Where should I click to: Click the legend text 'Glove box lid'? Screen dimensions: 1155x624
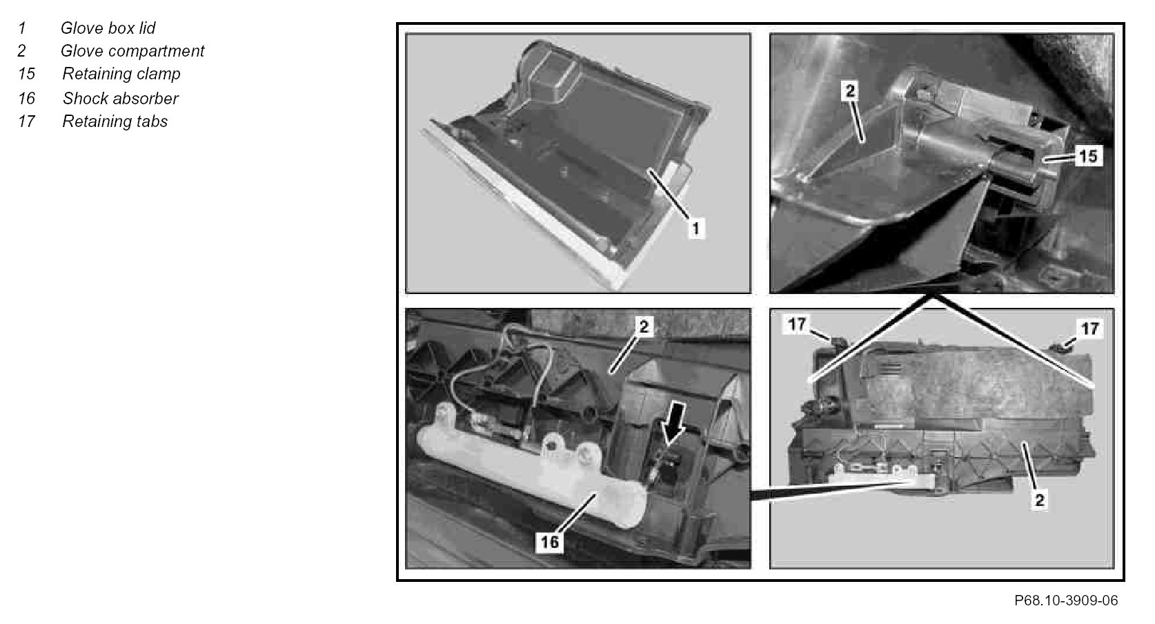point(108,28)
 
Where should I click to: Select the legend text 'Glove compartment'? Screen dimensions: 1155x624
point(132,51)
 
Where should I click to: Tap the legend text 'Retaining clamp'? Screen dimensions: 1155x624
point(121,74)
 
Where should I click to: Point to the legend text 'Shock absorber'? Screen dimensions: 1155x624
point(120,98)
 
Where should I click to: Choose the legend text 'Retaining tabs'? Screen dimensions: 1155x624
point(115,121)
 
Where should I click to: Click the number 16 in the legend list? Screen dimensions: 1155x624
point(26,98)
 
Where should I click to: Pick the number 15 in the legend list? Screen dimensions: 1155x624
point(26,74)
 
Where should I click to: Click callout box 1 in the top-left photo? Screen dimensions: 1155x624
point(695,228)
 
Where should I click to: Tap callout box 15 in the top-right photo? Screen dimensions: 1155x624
point(1088,156)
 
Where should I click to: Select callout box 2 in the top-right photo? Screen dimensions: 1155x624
point(850,91)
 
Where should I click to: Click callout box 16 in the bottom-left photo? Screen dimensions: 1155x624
point(550,542)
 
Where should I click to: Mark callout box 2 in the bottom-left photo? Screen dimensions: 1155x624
point(644,326)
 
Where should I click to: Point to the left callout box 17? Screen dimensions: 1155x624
point(797,324)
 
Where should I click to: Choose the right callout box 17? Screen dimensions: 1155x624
point(1089,329)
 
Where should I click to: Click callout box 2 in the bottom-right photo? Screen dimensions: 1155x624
point(1040,500)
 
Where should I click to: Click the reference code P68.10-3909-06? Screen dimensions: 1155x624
point(1066,601)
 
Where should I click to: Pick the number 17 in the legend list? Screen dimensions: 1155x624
point(26,121)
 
